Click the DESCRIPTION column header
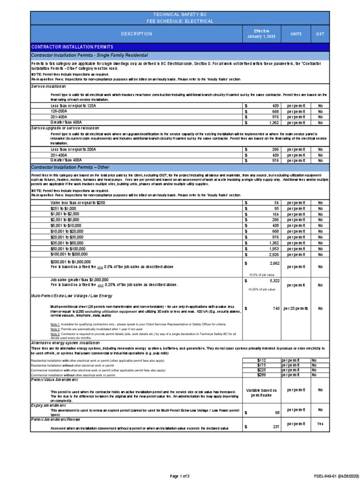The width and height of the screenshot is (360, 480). click(x=136, y=34)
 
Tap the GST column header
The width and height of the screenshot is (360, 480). click(x=320, y=34)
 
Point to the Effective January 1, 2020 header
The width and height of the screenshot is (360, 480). click(x=262, y=34)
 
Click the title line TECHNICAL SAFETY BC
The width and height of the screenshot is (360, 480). click(x=180, y=15)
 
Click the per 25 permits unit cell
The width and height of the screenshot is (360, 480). click(x=296, y=309)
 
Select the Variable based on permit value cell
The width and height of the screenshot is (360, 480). click(x=262, y=393)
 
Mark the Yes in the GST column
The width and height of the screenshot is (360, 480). click(x=320, y=424)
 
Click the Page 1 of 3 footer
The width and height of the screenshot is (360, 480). click(x=180, y=476)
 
